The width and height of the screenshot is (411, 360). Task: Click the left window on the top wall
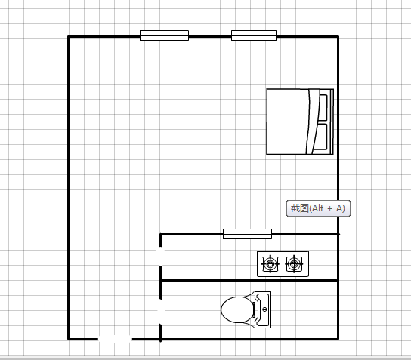click(x=165, y=35)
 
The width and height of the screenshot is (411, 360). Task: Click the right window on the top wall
click(x=254, y=35)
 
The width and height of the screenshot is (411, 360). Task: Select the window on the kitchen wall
click(x=247, y=234)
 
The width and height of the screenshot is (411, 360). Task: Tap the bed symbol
click(x=300, y=122)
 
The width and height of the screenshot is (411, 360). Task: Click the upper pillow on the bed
click(x=323, y=108)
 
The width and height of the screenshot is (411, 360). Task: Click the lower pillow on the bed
click(x=321, y=137)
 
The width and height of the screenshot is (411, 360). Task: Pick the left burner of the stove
click(x=270, y=264)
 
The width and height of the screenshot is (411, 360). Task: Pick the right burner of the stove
click(x=294, y=264)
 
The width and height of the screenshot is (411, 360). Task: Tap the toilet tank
click(x=263, y=309)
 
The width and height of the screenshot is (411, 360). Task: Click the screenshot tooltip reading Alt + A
click(x=318, y=208)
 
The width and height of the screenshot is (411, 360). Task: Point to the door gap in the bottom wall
click(x=115, y=339)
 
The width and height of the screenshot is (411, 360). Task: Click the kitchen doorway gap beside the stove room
click(x=160, y=256)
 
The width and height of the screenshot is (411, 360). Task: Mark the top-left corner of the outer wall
click(x=69, y=37)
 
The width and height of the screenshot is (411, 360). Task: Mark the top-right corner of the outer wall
click(x=338, y=37)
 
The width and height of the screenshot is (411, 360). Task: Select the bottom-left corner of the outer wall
click(x=69, y=339)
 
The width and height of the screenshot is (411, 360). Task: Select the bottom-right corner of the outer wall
click(x=338, y=339)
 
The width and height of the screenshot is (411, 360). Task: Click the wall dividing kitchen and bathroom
click(x=249, y=281)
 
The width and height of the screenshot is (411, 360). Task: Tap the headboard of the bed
click(x=332, y=122)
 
